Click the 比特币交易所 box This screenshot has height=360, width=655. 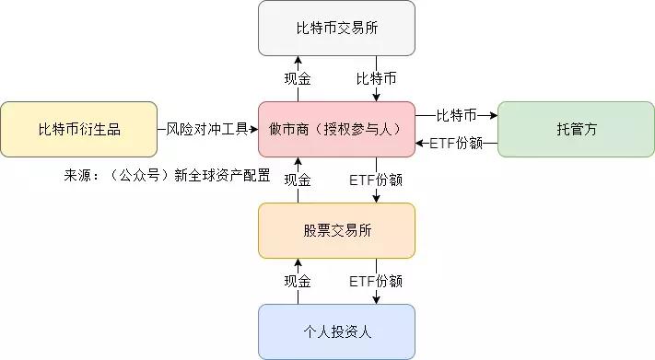point(336,28)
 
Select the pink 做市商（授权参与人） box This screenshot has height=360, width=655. point(336,129)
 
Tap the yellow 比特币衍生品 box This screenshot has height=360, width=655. point(78,129)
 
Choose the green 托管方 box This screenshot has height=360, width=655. point(576,129)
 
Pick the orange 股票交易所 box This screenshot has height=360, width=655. point(336,230)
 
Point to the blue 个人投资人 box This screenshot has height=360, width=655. point(336,331)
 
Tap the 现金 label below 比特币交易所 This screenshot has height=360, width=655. point(298,79)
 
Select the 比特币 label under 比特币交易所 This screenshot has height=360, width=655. point(376,79)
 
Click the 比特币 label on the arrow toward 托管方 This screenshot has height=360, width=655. point(456,115)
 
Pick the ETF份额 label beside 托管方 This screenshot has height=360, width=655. point(456,143)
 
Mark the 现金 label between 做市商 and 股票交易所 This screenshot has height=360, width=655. point(298,180)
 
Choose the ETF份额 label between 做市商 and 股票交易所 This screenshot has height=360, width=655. point(376,180)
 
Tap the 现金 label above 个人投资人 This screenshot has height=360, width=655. point(298,281)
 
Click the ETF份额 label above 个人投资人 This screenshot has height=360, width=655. point(376,281)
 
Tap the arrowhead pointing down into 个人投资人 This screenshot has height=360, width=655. point(376,299)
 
